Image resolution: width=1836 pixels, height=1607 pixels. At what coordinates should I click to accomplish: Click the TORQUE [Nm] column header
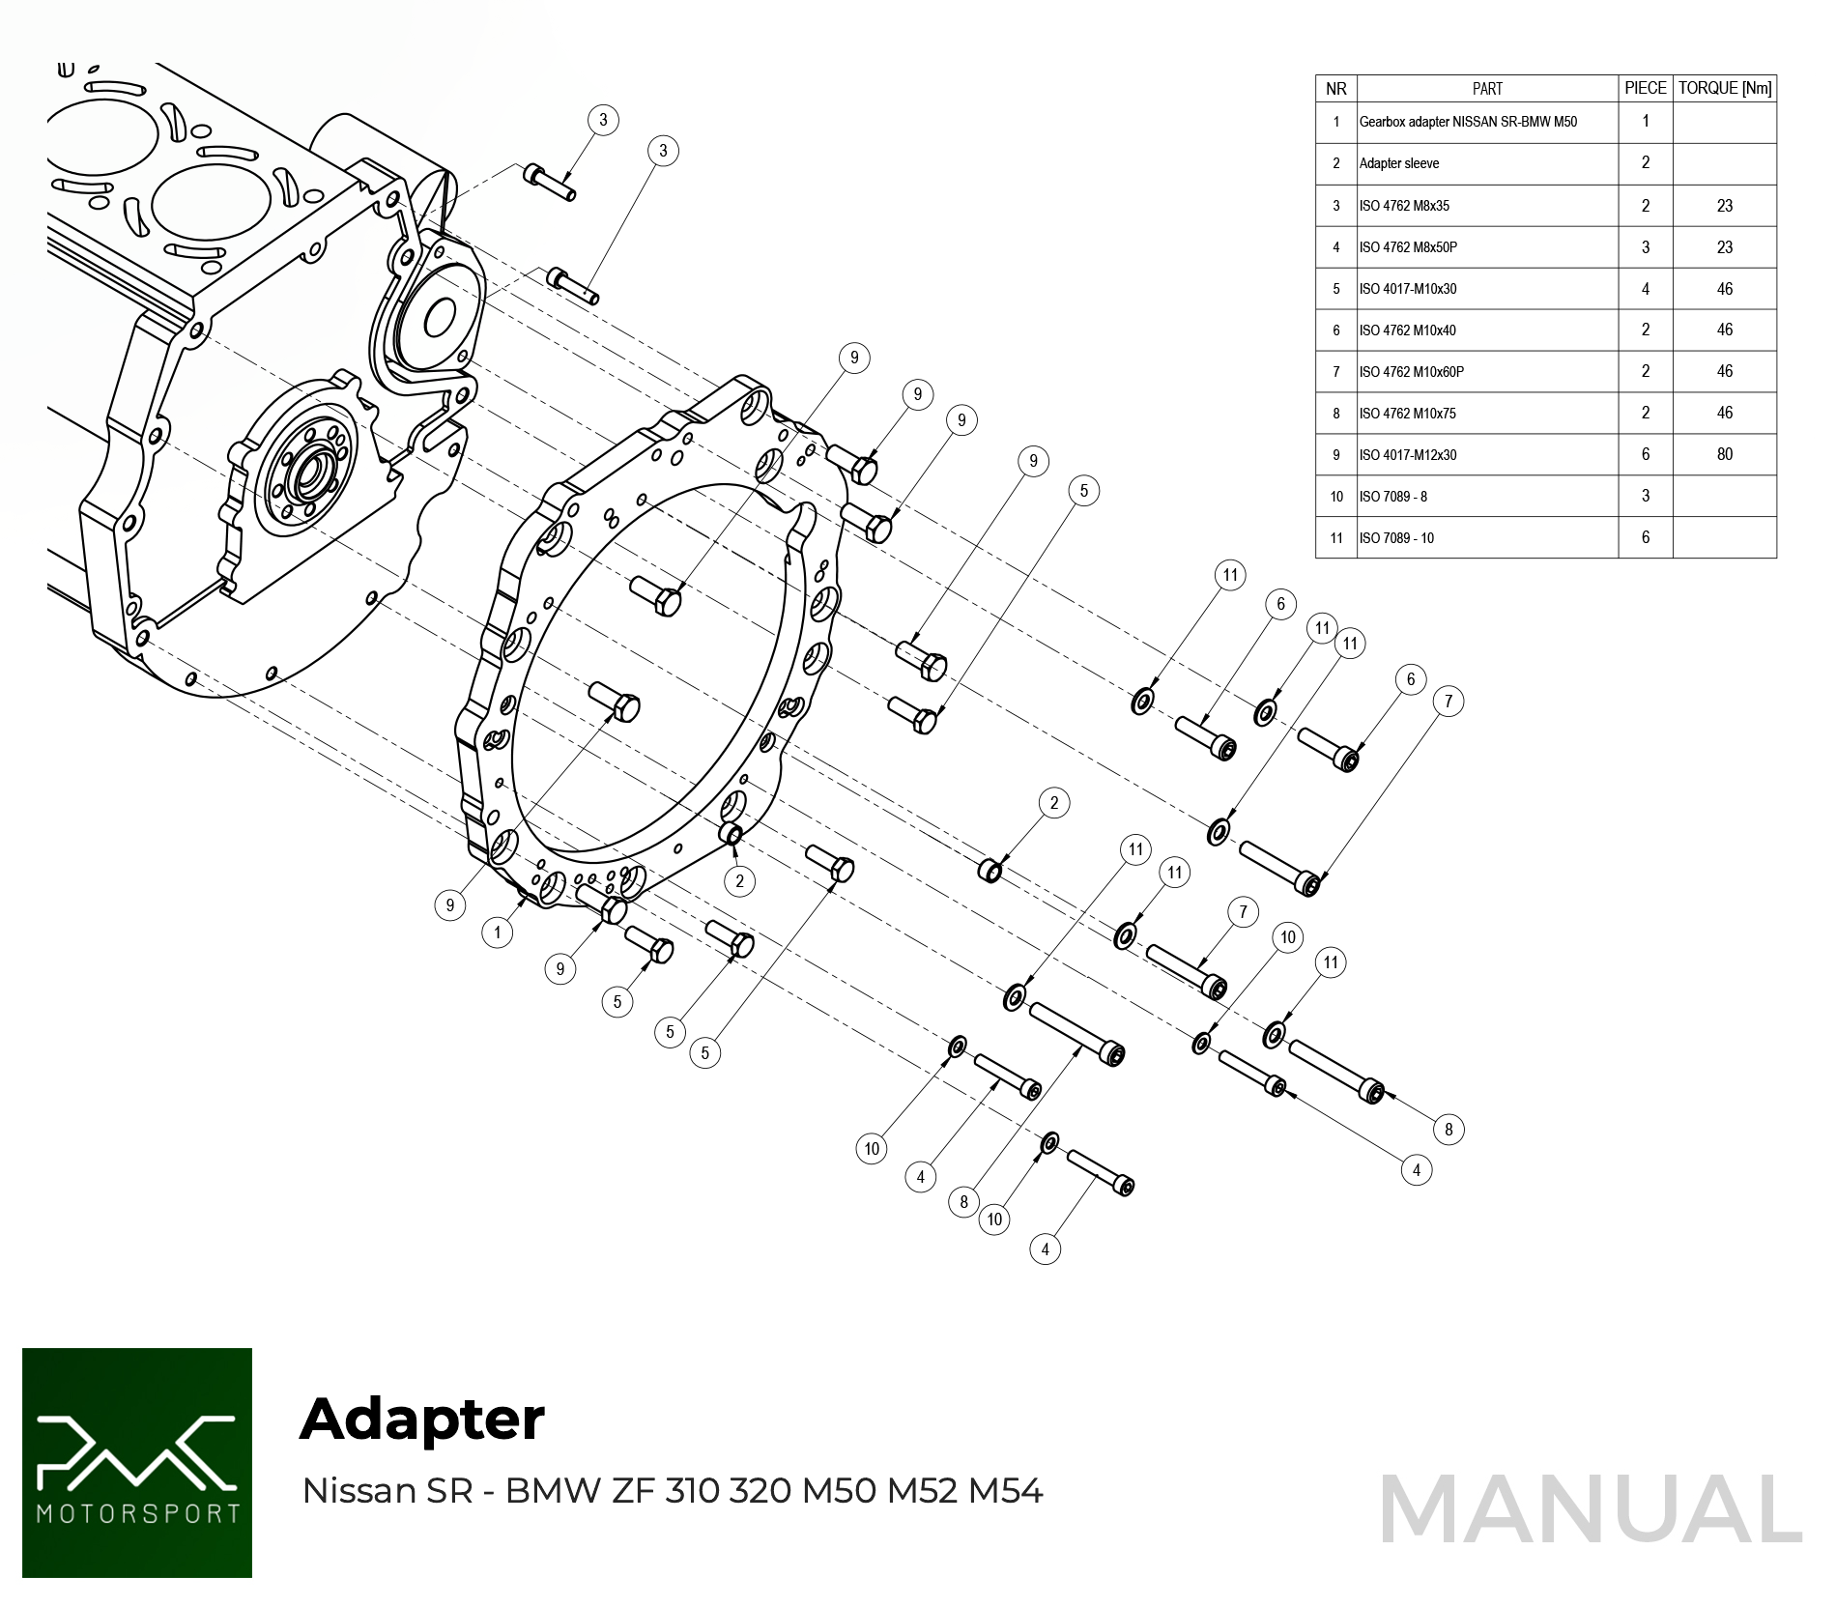coord(1724,88)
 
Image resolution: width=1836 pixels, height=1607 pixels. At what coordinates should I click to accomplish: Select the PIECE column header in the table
coord(1645,88)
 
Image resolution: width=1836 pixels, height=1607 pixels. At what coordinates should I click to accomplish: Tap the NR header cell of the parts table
coord(1335,89)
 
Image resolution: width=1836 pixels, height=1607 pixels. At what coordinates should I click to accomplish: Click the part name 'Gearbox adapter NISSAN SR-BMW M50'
coord(1467,122)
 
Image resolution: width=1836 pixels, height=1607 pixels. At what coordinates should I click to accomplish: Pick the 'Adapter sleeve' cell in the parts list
coord(1398,163)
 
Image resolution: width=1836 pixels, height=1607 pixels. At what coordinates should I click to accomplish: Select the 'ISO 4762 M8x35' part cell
coord(1403,206)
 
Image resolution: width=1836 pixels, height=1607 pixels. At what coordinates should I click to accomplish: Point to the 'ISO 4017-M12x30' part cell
coord(1407,455)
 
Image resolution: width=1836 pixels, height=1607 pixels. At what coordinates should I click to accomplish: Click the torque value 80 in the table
coord(1724,454)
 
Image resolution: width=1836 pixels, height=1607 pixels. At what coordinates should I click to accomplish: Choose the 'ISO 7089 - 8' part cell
coord(1392,497)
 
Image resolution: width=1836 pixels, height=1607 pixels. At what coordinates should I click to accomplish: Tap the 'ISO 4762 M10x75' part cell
coord(1407,414)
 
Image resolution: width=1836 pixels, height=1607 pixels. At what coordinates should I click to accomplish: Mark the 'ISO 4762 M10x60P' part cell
coord(1411,372)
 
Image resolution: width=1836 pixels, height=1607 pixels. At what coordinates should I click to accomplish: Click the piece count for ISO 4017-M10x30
coord(1645,289)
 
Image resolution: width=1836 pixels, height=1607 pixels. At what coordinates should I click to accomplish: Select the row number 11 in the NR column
coord(1335,538)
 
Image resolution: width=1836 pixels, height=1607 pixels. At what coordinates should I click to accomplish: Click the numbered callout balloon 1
coord(498,933)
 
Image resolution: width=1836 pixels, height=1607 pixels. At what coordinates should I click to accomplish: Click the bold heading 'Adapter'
coord(422,1419)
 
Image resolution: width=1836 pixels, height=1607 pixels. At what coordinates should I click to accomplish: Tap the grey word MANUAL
coord(1590,1509)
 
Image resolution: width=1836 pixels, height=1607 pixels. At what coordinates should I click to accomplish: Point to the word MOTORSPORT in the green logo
coord(137,1513)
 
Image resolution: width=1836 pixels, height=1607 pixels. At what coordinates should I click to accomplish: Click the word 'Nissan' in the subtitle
coord(359,1491)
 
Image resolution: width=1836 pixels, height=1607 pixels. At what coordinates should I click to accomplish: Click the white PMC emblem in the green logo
coord(136,1449)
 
